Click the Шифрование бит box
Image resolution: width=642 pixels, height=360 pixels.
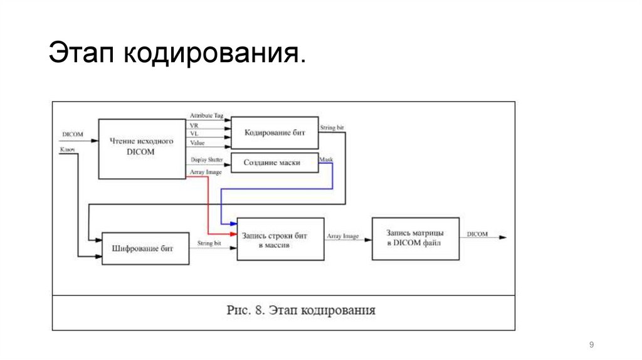pyautogui.click(x=145, y=248)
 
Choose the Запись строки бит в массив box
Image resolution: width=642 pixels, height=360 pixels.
pyautogui.click(x=280, y=239)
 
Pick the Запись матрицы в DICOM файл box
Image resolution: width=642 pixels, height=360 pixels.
pyautogui.click(x=415, y=238)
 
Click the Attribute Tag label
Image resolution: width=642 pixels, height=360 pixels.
pyautogui.click(x=206, y=117)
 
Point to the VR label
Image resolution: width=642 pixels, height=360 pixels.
pyautogui.click(x=194, y=126)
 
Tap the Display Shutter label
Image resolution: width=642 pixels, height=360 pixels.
pyautogui.click(x=206, y=161)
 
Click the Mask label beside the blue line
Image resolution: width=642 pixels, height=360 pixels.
pyautogui.click(x=326, y=161)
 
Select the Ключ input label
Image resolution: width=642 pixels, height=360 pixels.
pyautogui.click(x=67, y=150)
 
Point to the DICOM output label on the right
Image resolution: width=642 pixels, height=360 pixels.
pyautogui.click(x=477, y=234)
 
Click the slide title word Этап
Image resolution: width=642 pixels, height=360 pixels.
pyautogui.click(x=80, y=54)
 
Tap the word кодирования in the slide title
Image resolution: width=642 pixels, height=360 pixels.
pyautogui.click(x=214, y=54)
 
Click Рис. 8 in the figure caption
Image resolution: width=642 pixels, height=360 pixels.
pyautogui.click(x=246, y=310)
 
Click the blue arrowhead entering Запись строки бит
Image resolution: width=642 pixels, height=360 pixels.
pyautogui.click(x=233, y=223)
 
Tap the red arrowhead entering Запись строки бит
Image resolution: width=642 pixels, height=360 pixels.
pyautogui.click(x=233, y=233)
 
